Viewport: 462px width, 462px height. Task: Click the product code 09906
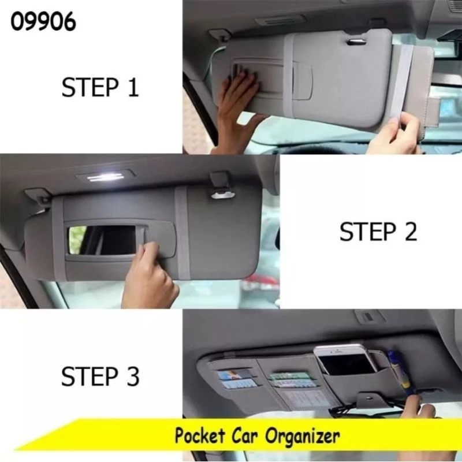pos(43,21)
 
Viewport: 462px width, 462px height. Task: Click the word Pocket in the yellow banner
pos(200,435)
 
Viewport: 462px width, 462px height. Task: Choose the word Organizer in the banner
pos(302,437)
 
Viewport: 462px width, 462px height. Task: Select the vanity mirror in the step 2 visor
pos(103,240)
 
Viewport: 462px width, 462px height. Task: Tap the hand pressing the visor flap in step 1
pos(239,112)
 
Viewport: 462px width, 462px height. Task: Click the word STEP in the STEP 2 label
pos(368,232)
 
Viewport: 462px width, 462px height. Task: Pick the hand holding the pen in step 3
pos(423,406)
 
